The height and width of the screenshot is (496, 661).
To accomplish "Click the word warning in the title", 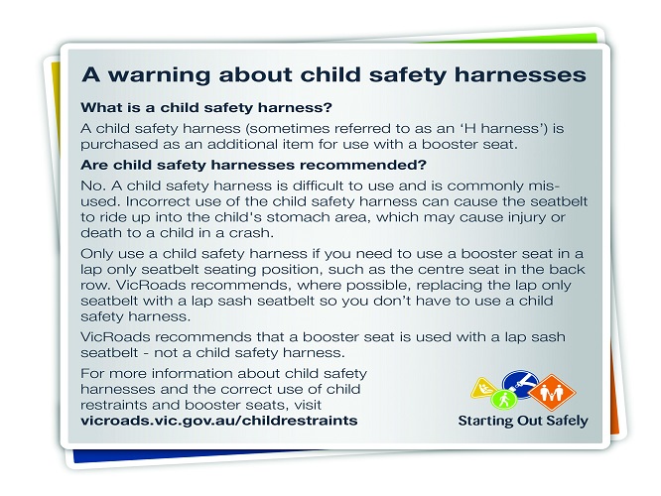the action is (x=160, y=75).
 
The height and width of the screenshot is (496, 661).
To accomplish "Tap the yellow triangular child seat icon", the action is (x=483, y=388).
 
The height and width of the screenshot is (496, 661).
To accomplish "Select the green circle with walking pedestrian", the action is (x=504, y=399).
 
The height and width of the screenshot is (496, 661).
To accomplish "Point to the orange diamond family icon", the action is (x=552, y=392).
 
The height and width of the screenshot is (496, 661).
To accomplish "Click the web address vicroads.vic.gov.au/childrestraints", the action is (x=218, y=421).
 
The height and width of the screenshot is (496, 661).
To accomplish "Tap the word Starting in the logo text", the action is (x=485, y=421).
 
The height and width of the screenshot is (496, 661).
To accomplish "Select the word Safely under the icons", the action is (x=567, y=421).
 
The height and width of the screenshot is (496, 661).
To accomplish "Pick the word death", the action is (x=98, y=232).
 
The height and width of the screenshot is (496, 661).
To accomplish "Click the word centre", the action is (x=436, y=269).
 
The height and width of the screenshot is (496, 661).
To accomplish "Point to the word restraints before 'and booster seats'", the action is (x=113, y=405).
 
